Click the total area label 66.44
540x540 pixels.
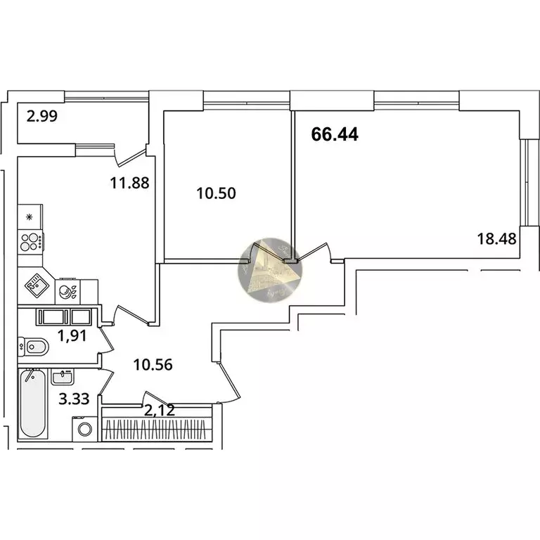[x=335, y=134]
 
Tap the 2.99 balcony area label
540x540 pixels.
[x=42, y=117]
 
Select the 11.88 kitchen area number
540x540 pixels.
[x=129, y=183]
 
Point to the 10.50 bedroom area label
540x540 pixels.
[x=216, y=193]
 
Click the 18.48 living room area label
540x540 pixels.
[x=496, y=238]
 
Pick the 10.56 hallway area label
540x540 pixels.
[x=153, y=365]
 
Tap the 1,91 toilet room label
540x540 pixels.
[x=72, y=336]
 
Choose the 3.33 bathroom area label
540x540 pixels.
[x=74, y=399]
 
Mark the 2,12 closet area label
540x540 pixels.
[x=160, y=410]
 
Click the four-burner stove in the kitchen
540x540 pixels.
[x=30, y=242]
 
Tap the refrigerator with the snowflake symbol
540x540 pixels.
[x=30, y=217]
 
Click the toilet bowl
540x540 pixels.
[x=34, y=347]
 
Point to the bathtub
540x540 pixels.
[x=32, y=404]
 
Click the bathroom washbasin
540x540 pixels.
[x=62, y=376]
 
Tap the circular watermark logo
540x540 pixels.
[x=270, y=270]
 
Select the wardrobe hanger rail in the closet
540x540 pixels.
[x=157, y=430]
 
